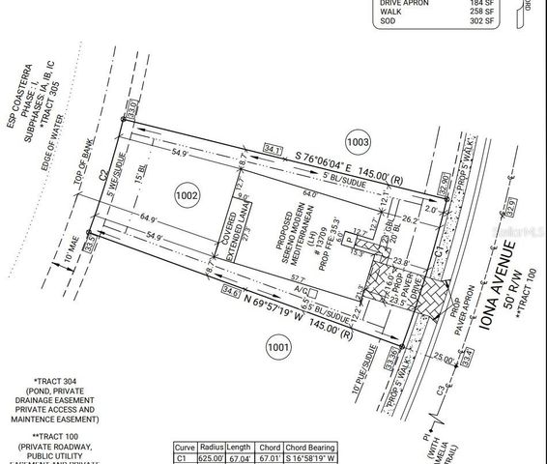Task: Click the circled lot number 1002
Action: click(187, 196)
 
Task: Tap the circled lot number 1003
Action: click(358, 142)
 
